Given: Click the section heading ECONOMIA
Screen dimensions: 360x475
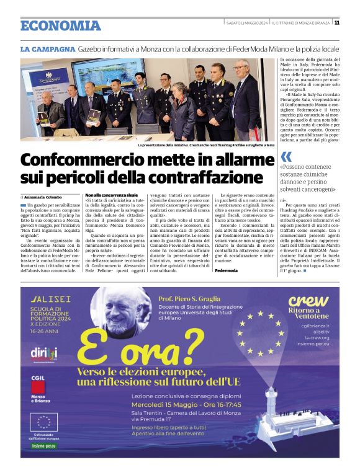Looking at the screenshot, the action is coord(60,25).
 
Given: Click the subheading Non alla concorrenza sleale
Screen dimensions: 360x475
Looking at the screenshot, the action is coord(111,195).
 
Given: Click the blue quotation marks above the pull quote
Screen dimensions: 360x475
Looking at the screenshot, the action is coord(286,157).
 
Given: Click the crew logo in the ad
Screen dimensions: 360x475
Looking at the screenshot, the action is coord(308,301).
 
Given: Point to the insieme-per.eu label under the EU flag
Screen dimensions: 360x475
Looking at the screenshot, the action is coord(44,445).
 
